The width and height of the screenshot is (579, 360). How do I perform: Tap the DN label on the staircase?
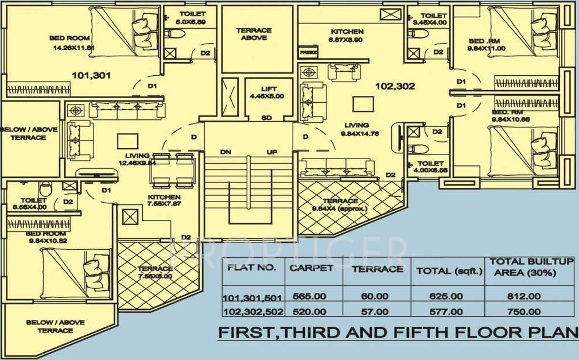coord(225,152)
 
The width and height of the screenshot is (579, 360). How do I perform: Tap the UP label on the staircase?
coord(272,152)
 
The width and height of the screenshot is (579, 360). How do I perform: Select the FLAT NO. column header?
coord(252,268)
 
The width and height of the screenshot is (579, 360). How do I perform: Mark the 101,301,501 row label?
coord(251,297)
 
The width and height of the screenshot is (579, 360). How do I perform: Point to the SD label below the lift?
coord(266,118)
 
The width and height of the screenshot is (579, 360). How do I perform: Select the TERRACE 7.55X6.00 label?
coord(154,272)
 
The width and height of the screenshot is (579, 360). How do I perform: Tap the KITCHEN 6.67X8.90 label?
coord(347,36)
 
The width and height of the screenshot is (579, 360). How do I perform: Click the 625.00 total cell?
coord(447,297)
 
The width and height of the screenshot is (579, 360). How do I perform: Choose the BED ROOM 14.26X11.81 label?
coord(73,43)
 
